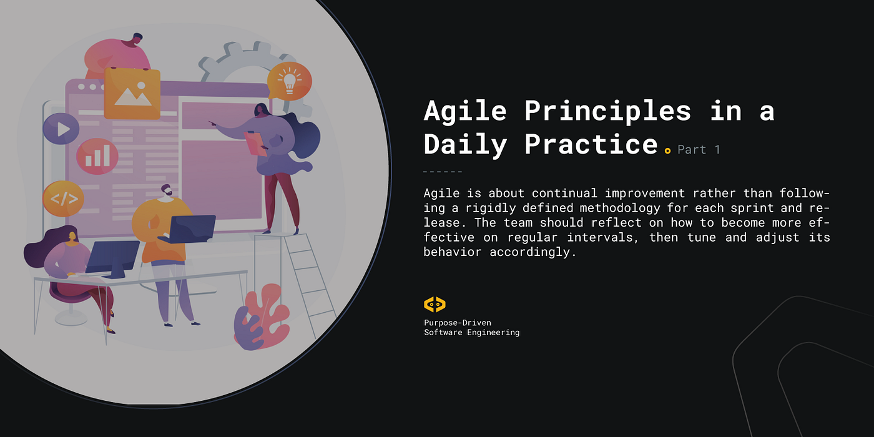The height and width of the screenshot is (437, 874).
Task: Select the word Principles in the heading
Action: [607, 111]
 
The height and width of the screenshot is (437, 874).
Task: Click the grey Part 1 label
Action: [699, 150]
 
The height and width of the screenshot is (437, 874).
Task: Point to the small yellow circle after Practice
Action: [667, 150]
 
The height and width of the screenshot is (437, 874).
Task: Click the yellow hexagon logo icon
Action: [435, 304]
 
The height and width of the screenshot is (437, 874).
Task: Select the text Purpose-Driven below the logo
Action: [457, 323]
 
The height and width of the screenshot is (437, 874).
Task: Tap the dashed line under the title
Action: [443, 172]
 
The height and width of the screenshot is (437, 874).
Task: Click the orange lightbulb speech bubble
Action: [289, 81]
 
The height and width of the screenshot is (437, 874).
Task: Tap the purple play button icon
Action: [61, 129]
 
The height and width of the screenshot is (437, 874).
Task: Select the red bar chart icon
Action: [97, 156]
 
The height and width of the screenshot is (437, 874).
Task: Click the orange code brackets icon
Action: [63, 199]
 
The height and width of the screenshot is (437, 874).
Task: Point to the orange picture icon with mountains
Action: [132, 94]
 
